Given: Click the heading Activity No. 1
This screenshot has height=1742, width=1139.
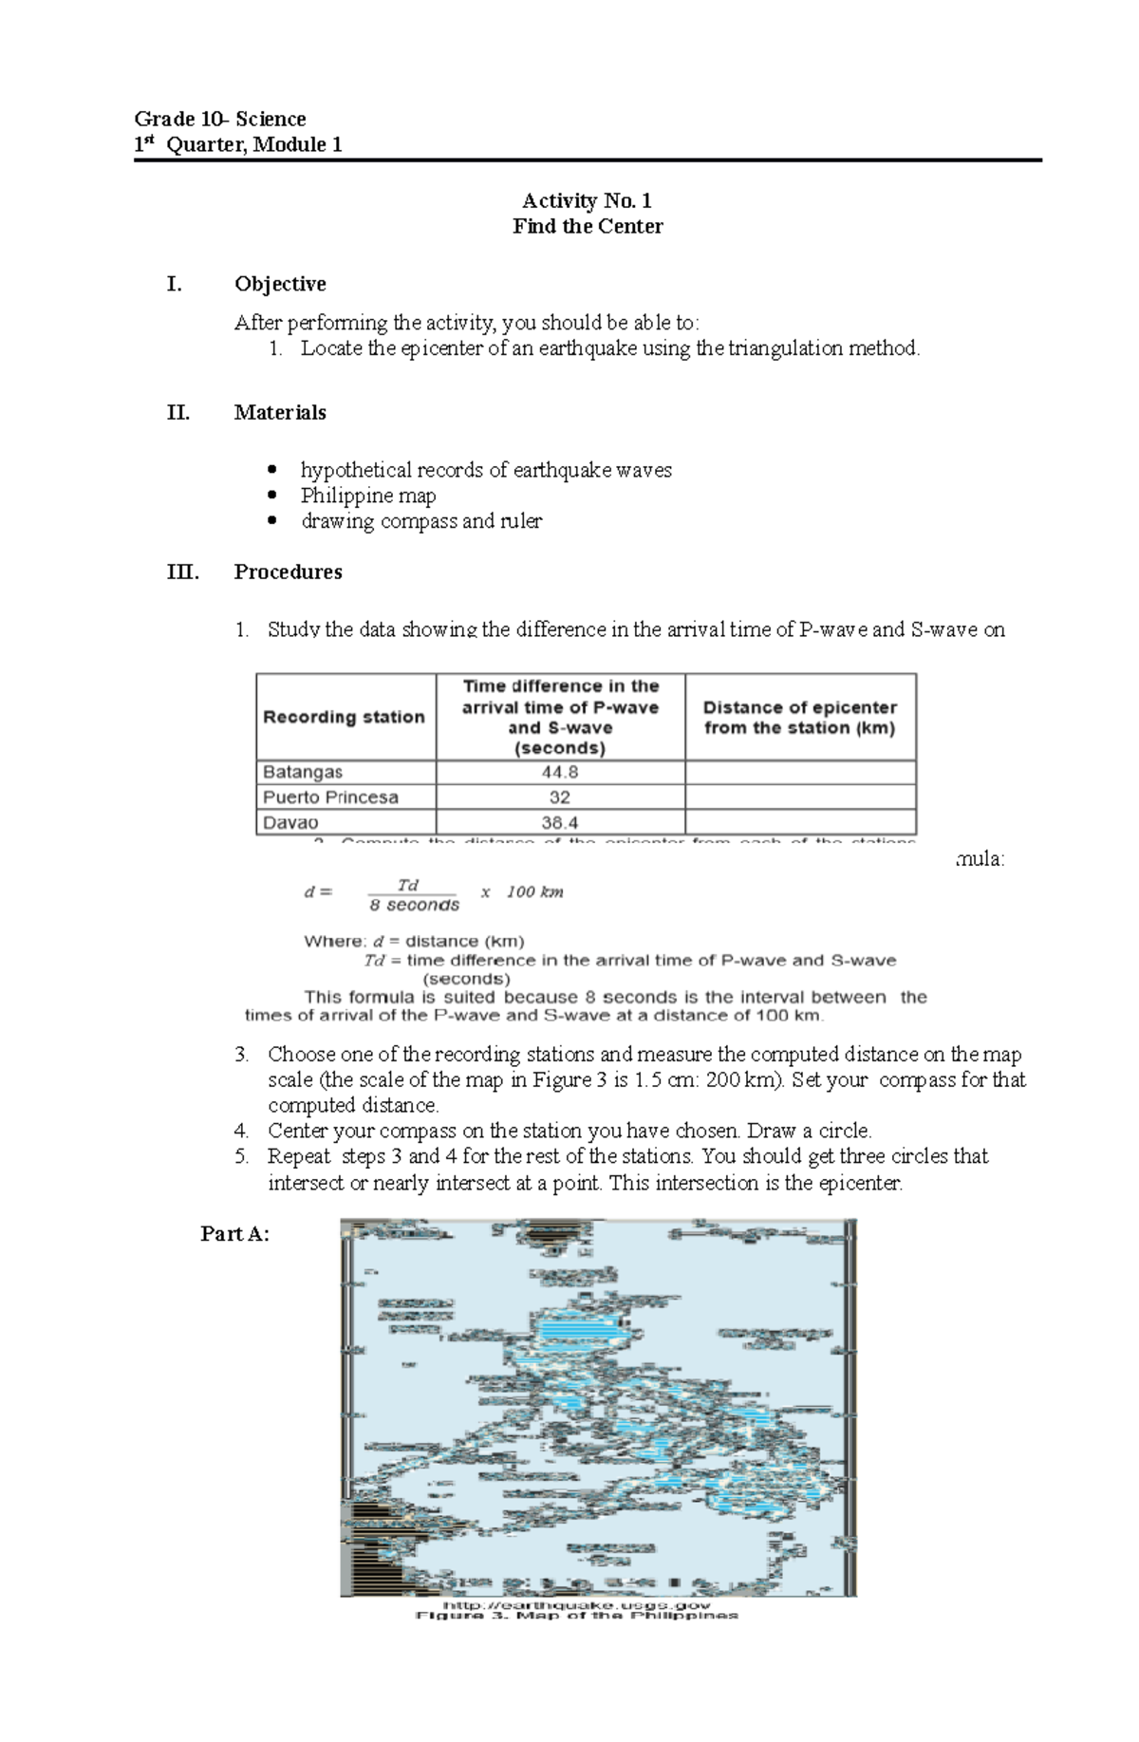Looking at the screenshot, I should [x=587, y=200].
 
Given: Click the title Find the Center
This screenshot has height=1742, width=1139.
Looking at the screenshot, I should [x=588, y=226].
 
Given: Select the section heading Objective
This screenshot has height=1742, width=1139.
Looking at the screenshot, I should [x=280, y=284].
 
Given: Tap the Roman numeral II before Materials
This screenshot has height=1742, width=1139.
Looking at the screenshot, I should [x=177, y=412].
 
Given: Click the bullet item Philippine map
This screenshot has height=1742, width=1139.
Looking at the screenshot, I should [x=368, y=496].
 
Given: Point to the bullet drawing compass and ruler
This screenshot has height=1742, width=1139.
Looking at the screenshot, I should [x=421, y=521].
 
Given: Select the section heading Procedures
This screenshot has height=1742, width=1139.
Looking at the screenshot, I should [x=288, y=571].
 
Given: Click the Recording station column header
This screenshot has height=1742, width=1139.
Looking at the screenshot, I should [x=344, y=717].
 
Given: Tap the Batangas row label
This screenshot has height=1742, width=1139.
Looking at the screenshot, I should [x=303, y=772].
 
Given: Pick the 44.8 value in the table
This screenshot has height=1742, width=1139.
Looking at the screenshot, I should [x=560, y=772].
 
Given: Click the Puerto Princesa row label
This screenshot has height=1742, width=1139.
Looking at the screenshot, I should [x=330, y=797].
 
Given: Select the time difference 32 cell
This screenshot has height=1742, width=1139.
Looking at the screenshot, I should [x=560, y=797].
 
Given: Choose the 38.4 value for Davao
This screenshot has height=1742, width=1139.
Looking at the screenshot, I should [x=560, y=822].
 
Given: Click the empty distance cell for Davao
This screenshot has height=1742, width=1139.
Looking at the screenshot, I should [x=800, y=822].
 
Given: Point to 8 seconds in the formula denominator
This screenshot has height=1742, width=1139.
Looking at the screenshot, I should [x=414, y=906].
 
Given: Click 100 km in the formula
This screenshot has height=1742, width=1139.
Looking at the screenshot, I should [x=534, y=891].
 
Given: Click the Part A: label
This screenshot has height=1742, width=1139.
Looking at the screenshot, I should [x=234, y=1233].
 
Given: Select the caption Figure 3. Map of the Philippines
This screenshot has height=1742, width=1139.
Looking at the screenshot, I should [x=576, y=1615].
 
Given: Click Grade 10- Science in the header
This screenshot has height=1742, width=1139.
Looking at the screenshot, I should [x=220, y=119].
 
